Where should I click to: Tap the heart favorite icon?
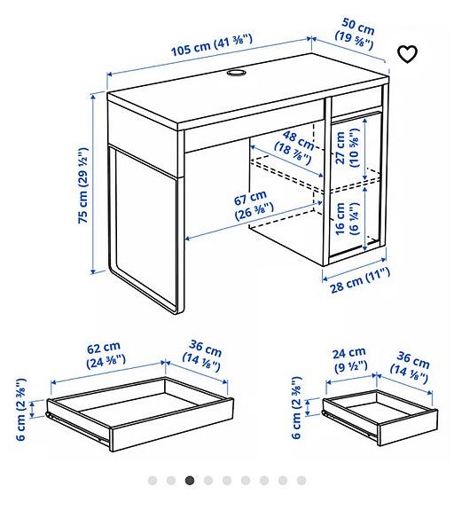[407, 54]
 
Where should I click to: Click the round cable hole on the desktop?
[239, 75]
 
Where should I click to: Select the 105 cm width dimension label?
[211, 44]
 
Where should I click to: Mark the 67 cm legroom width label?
[253, 203]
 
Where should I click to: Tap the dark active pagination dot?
[190, 481]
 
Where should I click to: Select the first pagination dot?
[153, 481]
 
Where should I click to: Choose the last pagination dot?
[301, 481]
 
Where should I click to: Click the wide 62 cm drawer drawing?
[140, 411]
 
